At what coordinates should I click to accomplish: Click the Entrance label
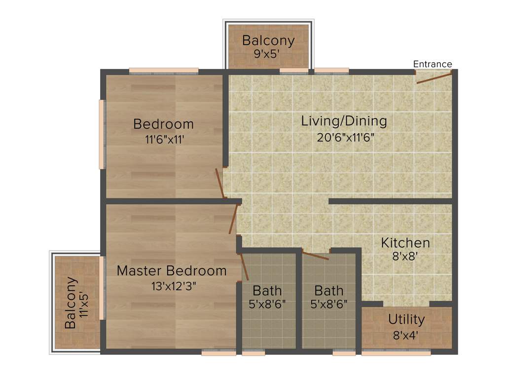coord(432,64)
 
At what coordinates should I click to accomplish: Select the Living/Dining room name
coord(344,121)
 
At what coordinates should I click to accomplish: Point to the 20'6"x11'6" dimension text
coord(346,137)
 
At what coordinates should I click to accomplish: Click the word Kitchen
coord(405,243)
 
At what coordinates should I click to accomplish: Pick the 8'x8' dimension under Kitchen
coord(405,257)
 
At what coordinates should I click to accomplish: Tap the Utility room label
coord(406,319)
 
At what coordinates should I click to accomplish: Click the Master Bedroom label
coord(172,271)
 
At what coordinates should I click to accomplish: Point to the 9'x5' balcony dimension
coord(268,54)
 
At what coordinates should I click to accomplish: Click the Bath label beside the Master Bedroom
coord(267,290)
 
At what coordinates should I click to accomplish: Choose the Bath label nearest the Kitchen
coord(328,290)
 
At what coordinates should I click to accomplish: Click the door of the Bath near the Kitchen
coord(315,255)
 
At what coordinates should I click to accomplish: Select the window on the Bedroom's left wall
coord(102,135)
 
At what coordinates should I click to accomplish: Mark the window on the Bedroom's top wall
coord(164,71)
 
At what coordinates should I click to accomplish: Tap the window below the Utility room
coord(396,353)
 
